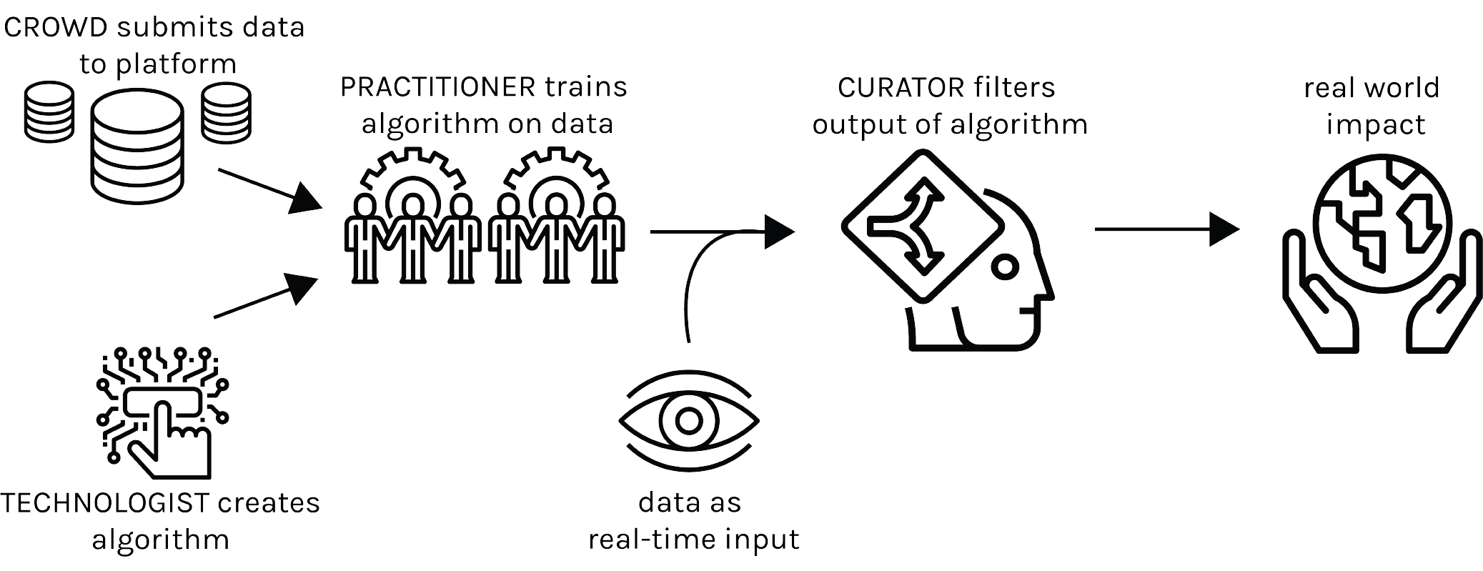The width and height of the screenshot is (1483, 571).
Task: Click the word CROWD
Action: [x=56, y=27]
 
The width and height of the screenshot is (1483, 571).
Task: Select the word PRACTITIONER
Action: [x=437, y=87]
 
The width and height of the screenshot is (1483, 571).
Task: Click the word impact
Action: [x=1376, y=125]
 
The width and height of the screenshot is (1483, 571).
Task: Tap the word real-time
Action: [x=651, y=539]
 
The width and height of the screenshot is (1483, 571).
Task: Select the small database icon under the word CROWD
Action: [x=49, y=112]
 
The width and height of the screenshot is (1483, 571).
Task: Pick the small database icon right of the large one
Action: [x=226, y=112]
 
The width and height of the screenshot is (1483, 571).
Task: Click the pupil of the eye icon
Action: [x=689, y=420]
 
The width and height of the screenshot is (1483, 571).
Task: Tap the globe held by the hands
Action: [x=1383, y=214]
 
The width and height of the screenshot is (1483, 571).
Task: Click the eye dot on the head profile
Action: [x=1006, y=268]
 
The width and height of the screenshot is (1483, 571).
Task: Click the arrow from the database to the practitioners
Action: [x=269, y=191]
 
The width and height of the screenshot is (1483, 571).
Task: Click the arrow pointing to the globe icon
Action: [x=1167, y=229]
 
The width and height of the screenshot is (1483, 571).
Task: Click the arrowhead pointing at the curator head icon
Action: [x=780, y=232]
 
